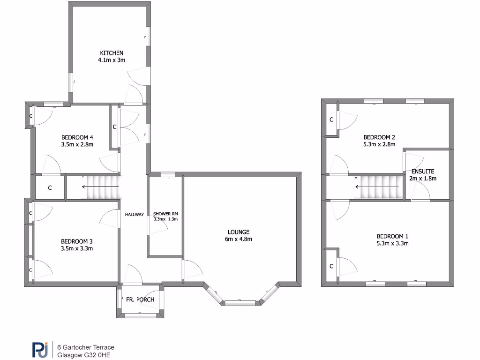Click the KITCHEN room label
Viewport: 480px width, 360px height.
(111, 53)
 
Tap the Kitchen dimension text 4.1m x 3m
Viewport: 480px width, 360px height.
(111, 60)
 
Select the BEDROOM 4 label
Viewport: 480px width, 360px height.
(77, 137)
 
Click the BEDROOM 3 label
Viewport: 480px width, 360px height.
(77, 241)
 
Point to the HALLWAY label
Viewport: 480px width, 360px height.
(134, 215)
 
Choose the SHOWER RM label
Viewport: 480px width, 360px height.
(165, 214)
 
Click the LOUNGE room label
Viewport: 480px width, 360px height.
(239, 232)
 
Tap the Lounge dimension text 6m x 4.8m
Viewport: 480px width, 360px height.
(239, 240)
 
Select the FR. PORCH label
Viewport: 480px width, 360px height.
(140, 300)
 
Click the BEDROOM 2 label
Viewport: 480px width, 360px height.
(379, 137)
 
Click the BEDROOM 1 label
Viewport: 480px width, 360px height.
(392, 236)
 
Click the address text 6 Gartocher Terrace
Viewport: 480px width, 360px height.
(85, 347)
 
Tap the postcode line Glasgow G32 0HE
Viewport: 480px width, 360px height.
(84, 355)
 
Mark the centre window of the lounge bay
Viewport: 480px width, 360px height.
(240, 303)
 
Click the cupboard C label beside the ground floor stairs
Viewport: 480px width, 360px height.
(50, 188)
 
